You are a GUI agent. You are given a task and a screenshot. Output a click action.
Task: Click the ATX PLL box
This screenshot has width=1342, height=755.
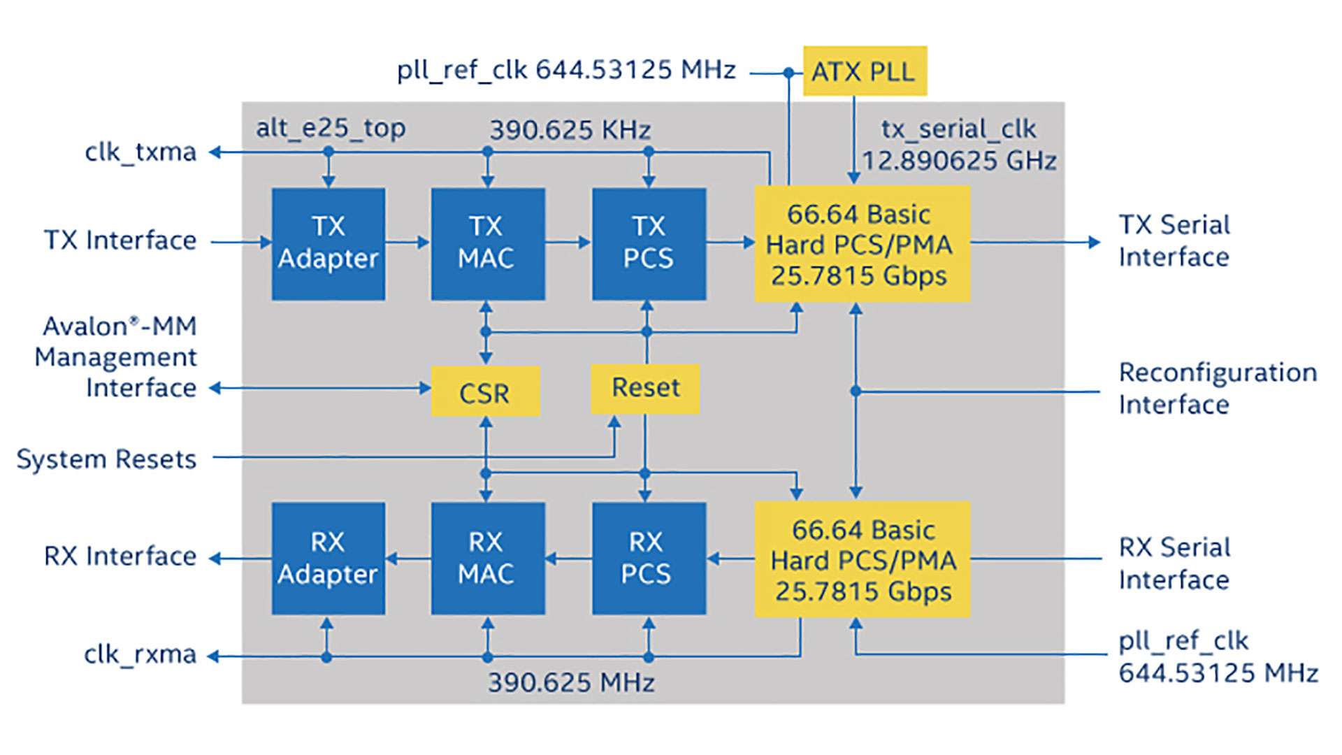coord(865,71)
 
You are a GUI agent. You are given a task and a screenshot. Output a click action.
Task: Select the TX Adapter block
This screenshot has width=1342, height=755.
coord(329,243)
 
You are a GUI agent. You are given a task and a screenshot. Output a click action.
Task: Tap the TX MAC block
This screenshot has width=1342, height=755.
coord(487,243)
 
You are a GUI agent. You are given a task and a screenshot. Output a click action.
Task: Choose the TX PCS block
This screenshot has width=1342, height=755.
coord(649,243)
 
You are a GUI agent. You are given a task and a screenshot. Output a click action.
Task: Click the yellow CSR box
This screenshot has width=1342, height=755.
coord(485,391)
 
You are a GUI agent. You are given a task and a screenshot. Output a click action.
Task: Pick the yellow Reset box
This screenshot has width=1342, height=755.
coord(645,389)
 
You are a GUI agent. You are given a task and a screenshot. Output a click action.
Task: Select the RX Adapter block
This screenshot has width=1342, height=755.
coord(329,559)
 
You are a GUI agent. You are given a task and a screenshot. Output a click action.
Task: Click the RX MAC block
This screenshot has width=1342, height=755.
coord(487,559)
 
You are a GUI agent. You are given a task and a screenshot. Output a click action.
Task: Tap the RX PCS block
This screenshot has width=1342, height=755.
coord(649,559)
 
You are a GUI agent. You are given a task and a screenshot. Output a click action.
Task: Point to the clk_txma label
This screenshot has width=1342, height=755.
coord(140,152)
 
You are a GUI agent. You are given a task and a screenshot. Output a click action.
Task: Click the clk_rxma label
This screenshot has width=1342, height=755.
coord(140,654)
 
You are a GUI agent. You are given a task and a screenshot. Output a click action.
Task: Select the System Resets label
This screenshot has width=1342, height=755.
coord(106,459)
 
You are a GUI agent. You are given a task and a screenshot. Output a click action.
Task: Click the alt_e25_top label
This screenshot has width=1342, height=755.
coord(331,128)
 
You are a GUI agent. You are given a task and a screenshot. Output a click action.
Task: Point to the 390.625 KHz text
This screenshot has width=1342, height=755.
coord(570,130)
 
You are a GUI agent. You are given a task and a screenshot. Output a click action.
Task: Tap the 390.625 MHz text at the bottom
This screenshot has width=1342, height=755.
coord(571,682)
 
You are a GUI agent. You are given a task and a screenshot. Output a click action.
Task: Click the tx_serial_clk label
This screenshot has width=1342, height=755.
coord(958,129)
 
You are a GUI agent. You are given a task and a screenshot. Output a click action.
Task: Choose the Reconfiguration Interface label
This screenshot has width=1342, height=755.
coord(1218,389)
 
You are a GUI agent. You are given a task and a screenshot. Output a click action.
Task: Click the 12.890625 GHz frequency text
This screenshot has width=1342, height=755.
coord(959,161)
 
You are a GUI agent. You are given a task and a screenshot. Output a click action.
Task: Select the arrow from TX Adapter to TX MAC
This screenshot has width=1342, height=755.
coord(407,243)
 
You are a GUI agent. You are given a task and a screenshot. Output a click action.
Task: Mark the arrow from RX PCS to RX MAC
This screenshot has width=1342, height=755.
coord(568,559)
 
